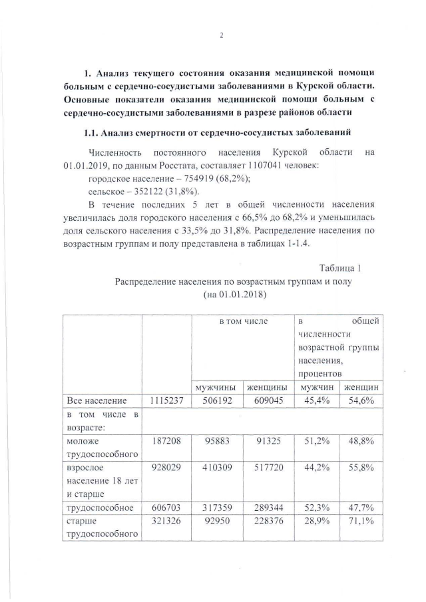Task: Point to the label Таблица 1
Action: click(340, 268)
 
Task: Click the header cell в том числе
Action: click(244, 322)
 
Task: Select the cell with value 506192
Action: click(216, 400)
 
